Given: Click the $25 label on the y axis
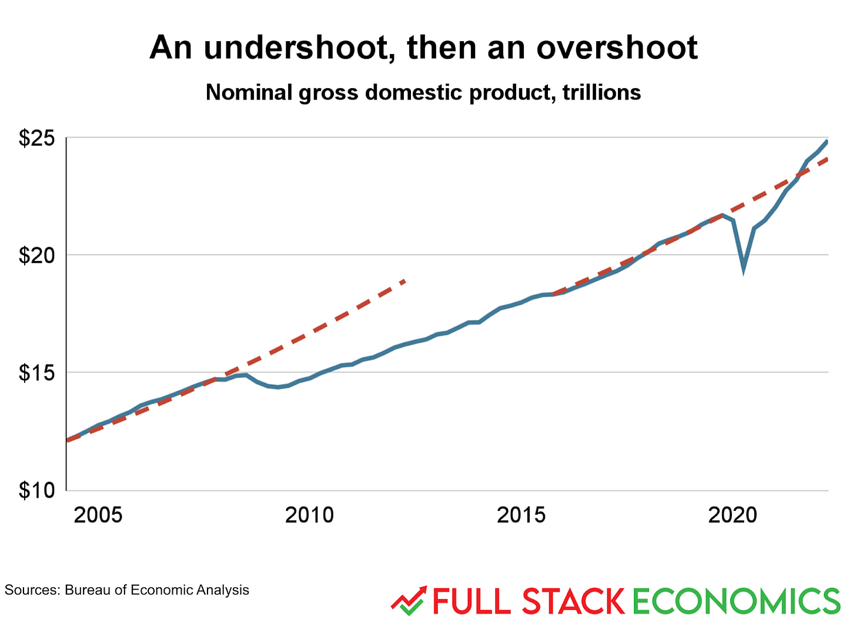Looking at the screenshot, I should [36, 138].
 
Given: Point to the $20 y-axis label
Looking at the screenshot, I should [36, 255].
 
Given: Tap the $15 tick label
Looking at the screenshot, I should [36, 373].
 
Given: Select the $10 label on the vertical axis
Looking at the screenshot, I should [36, 490].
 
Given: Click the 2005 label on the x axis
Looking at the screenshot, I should [98, 515].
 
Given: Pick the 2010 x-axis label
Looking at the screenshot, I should [309, 515].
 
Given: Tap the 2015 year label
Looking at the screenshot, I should [521, 515].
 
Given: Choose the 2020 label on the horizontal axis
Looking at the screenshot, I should [733, 515].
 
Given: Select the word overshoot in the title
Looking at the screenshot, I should [617, 48].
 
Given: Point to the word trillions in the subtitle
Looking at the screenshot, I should [601, 93].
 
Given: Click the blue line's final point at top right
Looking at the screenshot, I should [827, 141].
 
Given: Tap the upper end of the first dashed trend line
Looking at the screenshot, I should [404, 281].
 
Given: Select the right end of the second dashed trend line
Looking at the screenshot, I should [827, 159].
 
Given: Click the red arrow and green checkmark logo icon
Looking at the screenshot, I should [409, 600].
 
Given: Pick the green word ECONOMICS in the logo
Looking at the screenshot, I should [737, 601].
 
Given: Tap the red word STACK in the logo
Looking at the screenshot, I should [573, 601].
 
